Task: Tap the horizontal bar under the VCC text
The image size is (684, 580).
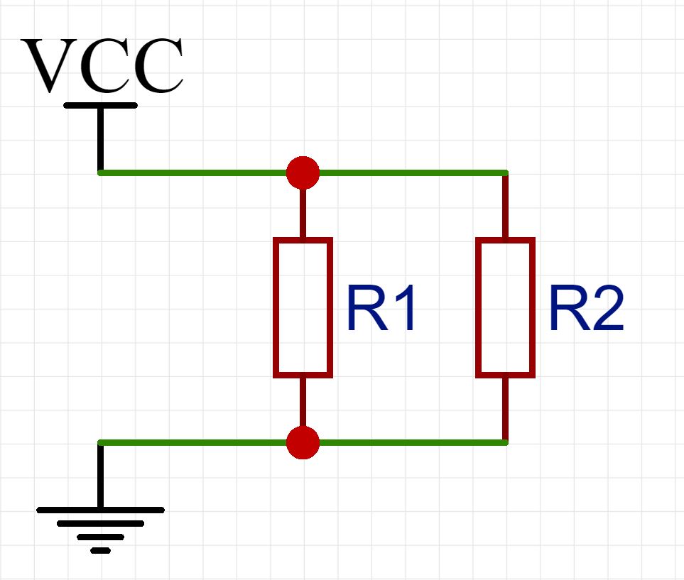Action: pyautogui.click(x=100, y=105)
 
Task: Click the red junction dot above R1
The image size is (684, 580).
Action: pyautogui.click(x=303, y=173)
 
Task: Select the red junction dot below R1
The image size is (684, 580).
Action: pyautogui.click(x=303, y=443)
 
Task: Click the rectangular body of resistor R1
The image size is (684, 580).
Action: pyautogui.click(x=303, y=307)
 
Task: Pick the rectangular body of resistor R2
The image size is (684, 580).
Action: pyautogui.click(x=505, y=307)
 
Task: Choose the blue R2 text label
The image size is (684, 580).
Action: pyautogui.click(x=585, y=310)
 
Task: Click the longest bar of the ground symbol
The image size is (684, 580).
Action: pyautogui.click(x=100, y=510)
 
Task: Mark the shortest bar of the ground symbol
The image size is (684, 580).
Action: pyautogui.click(x=100, y=550)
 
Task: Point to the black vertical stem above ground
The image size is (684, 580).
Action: pyautogui.click(x=100, y=476)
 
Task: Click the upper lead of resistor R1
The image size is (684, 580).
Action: pyautogui.click(x=303, y=213)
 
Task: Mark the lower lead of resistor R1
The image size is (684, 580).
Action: pyautogui.click(x=303, y=401)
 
